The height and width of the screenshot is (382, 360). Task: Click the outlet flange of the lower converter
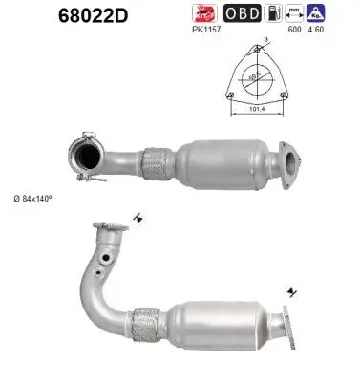286,325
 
